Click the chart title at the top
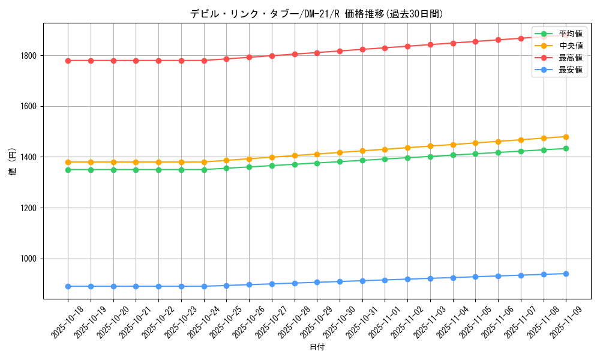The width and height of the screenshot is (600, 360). click(x=317, y=14)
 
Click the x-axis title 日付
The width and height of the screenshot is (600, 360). click(x=317, y=347)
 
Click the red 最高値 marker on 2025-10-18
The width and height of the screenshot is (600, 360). click(x=68, y=61)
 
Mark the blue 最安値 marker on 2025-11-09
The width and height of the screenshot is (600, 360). click(x=566, y=274)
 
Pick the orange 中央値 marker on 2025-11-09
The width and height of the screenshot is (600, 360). click(x=566, y=137)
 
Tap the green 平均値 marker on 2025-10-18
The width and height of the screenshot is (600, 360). click(x=68, y=170)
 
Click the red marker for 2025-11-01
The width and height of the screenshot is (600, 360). click(x=385, y=48)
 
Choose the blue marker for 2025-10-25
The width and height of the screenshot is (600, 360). click(x=226, y=286)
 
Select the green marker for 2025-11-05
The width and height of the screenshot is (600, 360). click(x=475, y=154)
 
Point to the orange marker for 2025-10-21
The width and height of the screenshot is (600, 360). click(x=136, y=162)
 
